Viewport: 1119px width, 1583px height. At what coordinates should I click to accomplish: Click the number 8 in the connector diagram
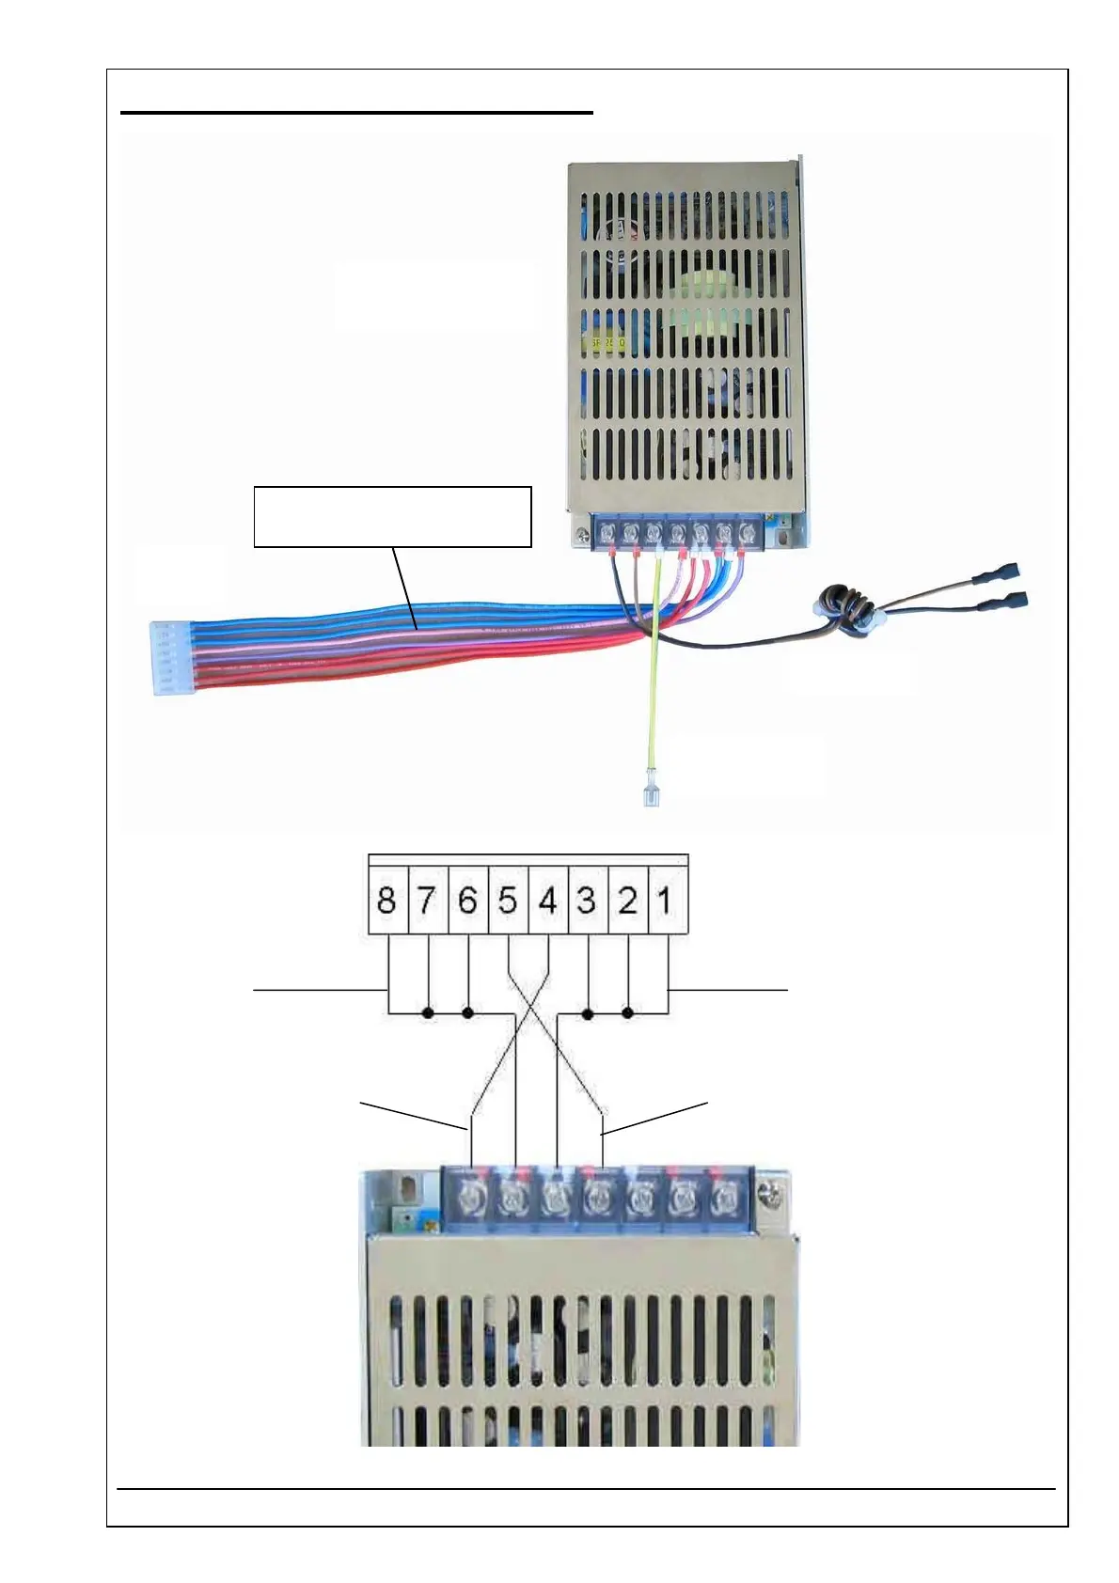[386, 901]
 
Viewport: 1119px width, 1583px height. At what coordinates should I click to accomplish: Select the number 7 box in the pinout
[427, 901]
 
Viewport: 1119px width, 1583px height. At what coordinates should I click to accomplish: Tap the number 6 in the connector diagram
[467, 901]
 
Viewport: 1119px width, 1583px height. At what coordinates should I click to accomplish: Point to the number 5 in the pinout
[508, 901]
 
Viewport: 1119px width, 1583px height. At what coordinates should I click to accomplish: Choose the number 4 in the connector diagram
[548, 901]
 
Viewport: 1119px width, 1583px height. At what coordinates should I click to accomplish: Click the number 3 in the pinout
[587, 901]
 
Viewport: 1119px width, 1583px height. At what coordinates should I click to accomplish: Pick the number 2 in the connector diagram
[627, 901]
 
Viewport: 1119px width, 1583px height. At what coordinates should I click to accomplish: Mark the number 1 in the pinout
[665, 901]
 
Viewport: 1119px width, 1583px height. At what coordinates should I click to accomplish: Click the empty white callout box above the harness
[392, 516]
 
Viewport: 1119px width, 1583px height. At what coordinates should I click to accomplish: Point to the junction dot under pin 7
[428, 1013]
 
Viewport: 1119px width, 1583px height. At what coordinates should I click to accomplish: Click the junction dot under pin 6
[468, 1013]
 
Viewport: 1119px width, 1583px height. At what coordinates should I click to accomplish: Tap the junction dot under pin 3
[588, 1013]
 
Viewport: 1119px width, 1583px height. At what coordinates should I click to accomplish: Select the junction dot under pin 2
[628, 1013]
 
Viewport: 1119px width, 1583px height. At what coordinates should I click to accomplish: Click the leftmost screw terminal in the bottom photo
[468, 1198]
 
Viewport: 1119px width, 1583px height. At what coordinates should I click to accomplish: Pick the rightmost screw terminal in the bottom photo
[722, 1198]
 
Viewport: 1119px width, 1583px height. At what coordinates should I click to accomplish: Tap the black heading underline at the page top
[357, 113]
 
